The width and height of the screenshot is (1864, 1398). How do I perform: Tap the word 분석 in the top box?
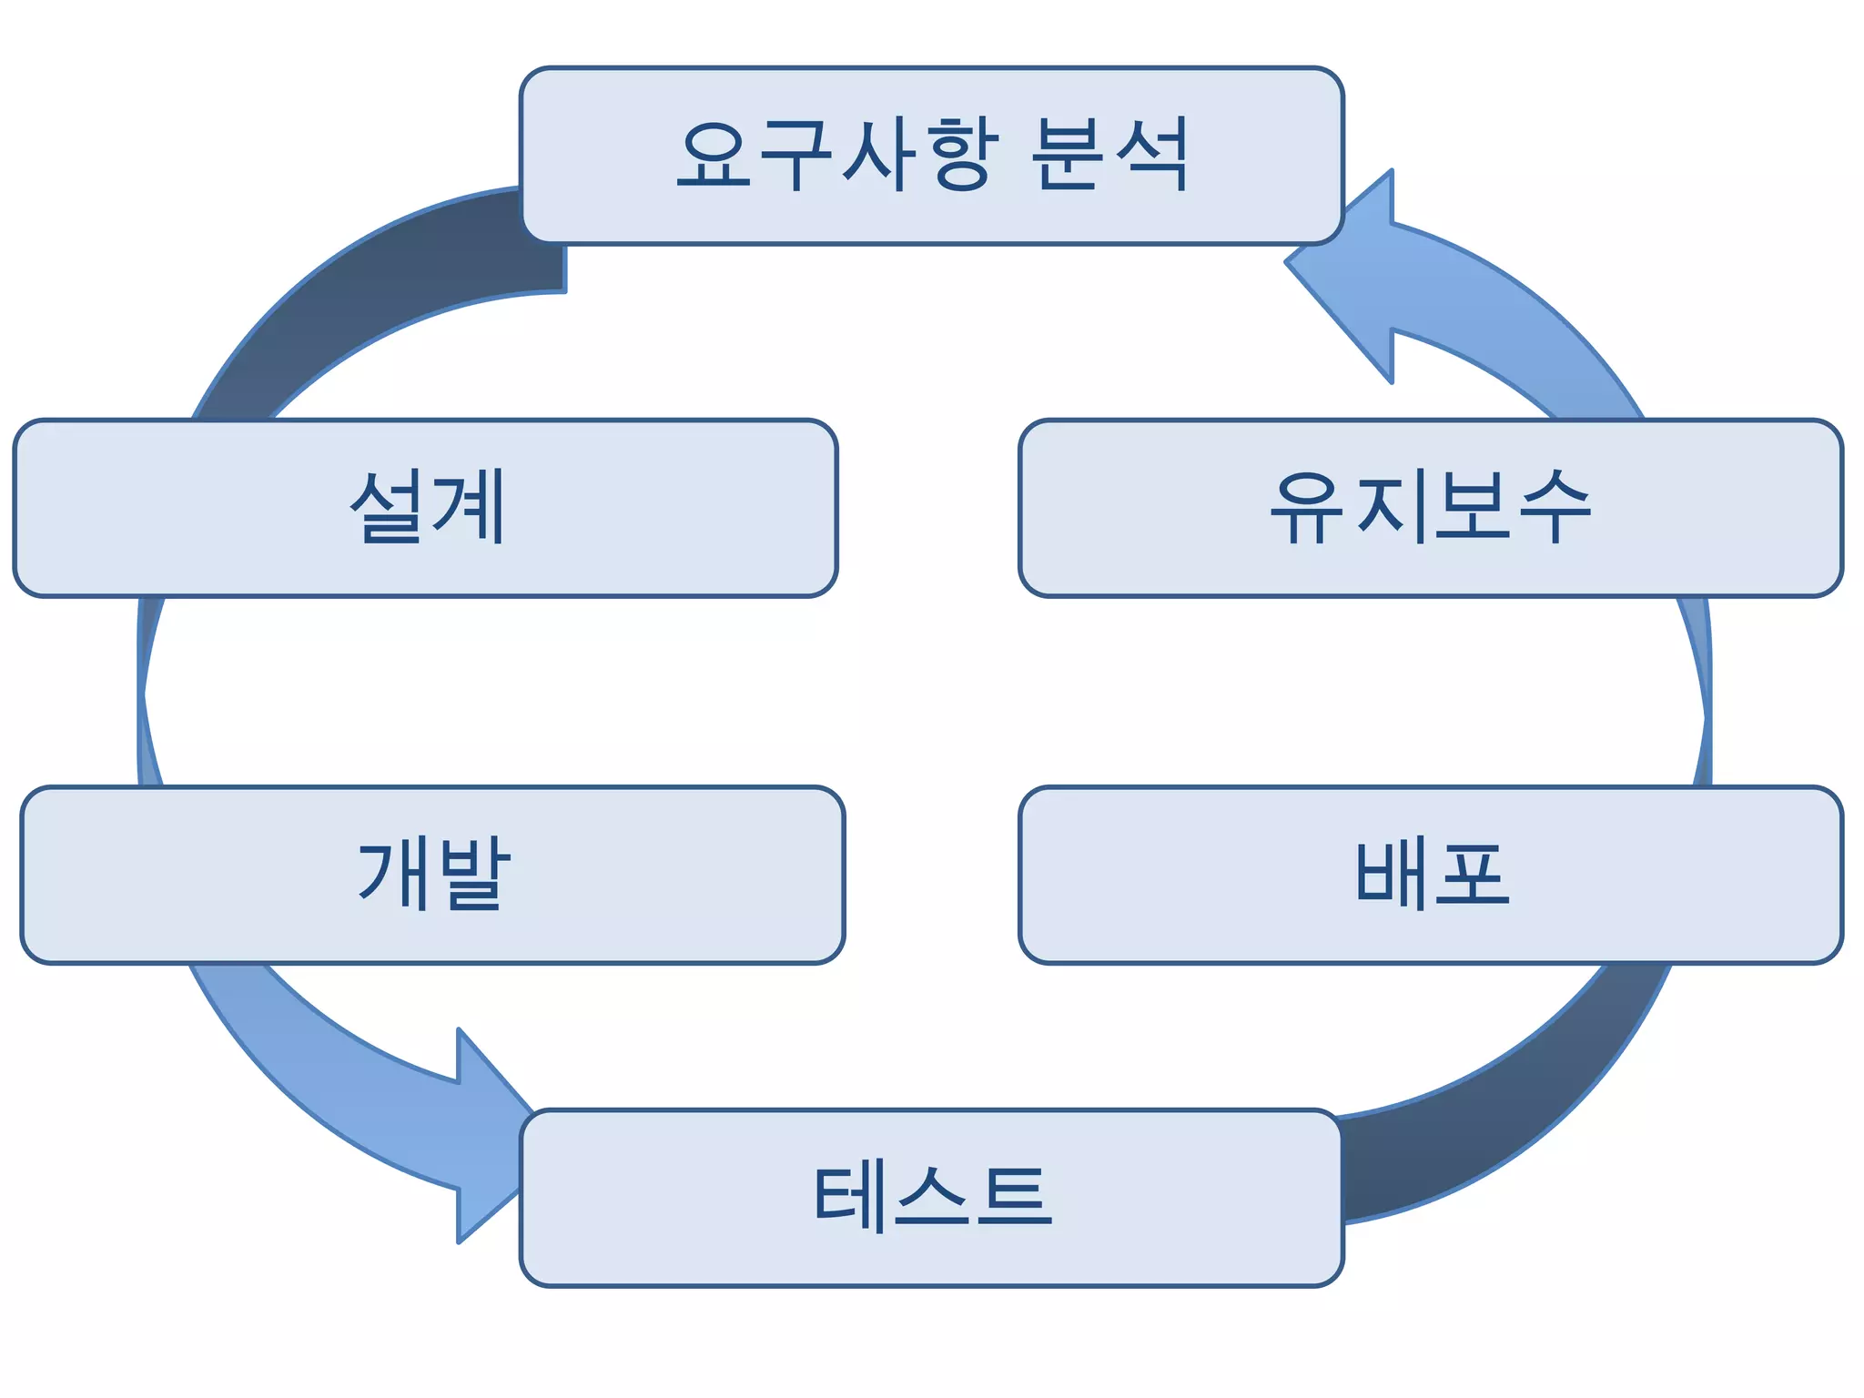1109,155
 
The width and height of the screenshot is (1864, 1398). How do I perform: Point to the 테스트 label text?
932,1197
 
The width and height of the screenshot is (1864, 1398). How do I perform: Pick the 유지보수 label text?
1430,507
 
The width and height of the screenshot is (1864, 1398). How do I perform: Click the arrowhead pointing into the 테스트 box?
482,1138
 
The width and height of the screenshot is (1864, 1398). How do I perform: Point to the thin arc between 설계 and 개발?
146,692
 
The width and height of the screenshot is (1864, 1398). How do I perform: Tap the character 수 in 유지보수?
1555,507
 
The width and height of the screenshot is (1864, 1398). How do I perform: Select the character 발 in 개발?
471,875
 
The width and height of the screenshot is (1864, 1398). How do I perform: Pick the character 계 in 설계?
468,507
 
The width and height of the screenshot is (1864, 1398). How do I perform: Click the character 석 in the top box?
1151,155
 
